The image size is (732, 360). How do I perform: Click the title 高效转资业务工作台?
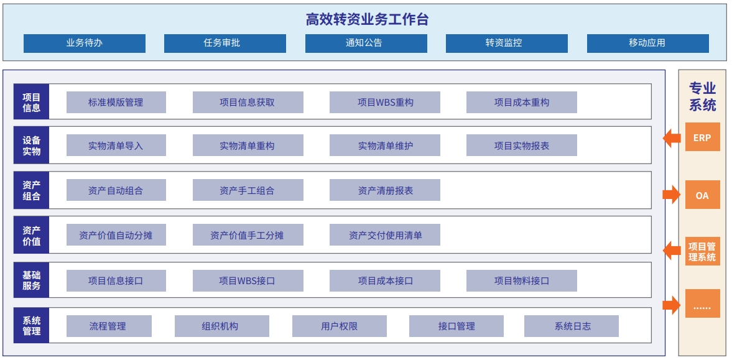coord(367,19)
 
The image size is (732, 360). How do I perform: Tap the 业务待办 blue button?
coord(85,43)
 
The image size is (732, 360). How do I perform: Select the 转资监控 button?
coord(506,43)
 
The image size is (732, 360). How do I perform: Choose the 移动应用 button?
coord(647,43)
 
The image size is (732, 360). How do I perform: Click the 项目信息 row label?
coord(31,102)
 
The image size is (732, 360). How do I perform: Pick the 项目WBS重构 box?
coord(385,102)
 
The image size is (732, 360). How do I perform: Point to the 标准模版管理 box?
coord(116,102)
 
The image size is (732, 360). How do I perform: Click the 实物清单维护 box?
coord(385,145)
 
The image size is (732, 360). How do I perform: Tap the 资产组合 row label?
coord(31,190)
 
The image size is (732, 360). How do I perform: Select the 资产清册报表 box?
coord(385,190)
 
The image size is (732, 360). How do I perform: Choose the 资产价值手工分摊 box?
coord(248,235)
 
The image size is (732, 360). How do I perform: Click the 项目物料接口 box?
coord(521,280)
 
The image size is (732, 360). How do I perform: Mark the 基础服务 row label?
coord(31,280)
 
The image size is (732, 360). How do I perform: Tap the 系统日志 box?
coord(572,326)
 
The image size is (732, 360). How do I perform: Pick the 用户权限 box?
coord(340,326)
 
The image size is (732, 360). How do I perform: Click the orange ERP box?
coord(703,137)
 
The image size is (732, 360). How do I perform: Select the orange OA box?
coord(703,195)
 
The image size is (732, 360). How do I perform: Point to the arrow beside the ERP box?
coord(672,138)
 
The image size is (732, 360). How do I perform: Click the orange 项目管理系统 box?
coord(703,251)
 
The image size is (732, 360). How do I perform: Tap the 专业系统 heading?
coord(703,96)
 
